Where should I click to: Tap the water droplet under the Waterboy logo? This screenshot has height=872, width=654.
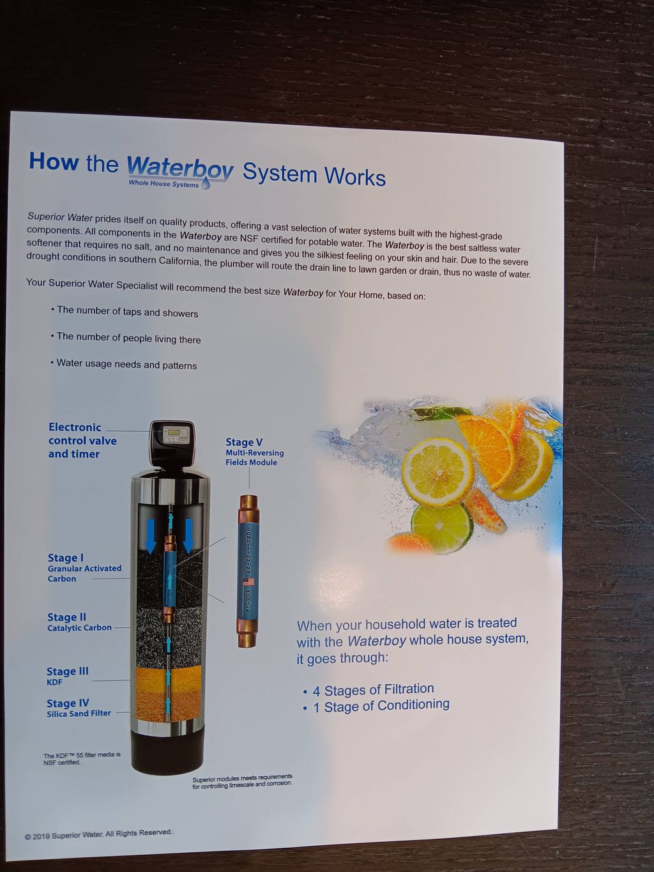pos(206,183)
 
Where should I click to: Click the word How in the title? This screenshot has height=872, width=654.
pos(54,162)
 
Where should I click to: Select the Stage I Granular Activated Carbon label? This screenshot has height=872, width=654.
pos(84,568)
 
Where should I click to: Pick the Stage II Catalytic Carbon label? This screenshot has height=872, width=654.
pos(79,622)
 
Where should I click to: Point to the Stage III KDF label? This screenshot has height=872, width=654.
pos(68,676)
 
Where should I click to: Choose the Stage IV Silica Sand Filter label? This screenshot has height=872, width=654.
pos(79,708)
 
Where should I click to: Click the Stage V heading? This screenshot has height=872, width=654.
pos(244,442)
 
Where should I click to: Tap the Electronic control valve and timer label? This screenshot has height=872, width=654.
pos(82,441)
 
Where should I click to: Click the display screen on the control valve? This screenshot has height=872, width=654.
pos(174,431)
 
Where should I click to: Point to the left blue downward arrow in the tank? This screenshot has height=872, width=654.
pos(151,535)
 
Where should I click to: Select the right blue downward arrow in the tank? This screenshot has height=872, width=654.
pos(188,535)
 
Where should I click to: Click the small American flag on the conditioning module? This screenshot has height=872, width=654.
pos(248,583)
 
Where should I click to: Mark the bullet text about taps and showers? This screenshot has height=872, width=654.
pos(125,312)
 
